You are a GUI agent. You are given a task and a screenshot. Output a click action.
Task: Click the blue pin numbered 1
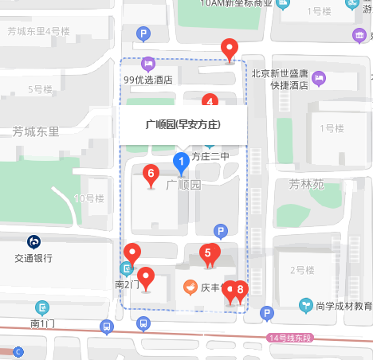[x=180, y=164]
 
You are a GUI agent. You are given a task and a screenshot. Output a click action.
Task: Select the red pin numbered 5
[x=208, y=253]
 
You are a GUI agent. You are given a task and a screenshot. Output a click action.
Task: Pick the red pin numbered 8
[x=240, y=290]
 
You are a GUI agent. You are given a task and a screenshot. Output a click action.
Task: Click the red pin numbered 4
[x=210, y=101]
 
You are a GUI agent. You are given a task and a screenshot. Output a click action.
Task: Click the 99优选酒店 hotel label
[x=149, y=80]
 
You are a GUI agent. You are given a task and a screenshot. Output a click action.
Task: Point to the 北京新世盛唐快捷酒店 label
[x=279, y=80]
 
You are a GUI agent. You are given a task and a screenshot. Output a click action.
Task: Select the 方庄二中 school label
[x=210, y=157]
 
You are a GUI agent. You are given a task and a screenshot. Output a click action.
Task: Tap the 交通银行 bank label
[x=33, y=258]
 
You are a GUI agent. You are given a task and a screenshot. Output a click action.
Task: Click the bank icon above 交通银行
[x=33, y=241]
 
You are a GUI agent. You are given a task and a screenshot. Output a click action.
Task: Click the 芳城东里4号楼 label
[x=38, y=32]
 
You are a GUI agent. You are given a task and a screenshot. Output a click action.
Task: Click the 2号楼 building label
[x=303, y=270]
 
